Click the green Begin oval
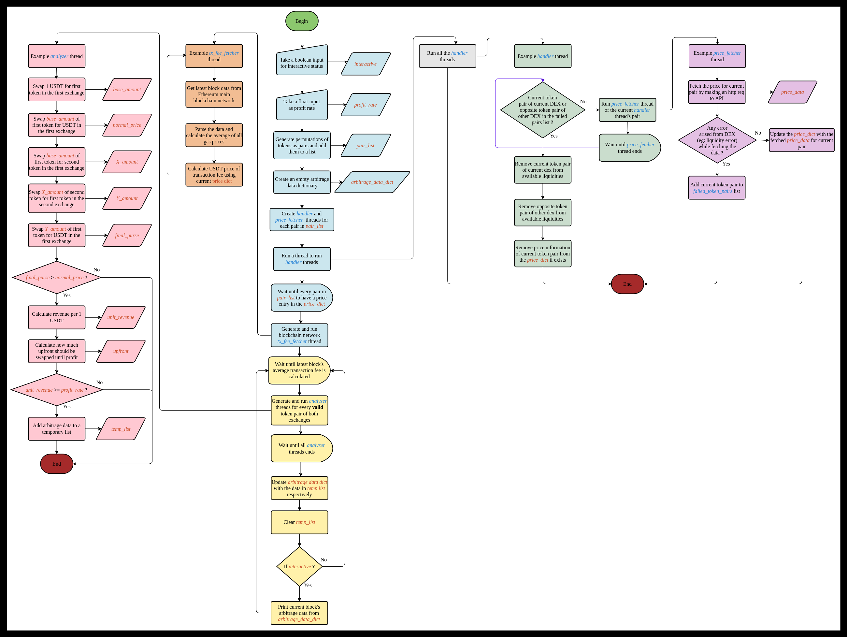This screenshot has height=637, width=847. pyautogui.click(x=302, y=21)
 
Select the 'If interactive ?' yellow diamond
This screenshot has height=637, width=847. pyautogui.click(x=299, y=566)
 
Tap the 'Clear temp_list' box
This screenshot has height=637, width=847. pyautogui.click(x=299, y=522)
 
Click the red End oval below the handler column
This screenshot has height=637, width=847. pyautogui.click(x=627, y=284)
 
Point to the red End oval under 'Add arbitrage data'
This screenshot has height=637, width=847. pyautogui.click(x=57, y=464)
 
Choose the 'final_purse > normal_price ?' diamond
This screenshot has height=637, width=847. pyautogui.click(x=57, y=277)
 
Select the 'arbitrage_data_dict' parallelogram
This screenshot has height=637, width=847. pyautogui.click(x=372, y=182)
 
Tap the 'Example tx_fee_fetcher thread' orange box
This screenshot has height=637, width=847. pyautogui.click(x=214, y=56)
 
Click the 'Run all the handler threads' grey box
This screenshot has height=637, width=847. pyautogui.click(x=447, y=56)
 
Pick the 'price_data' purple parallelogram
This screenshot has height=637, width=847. pyautogui.click(x=792, y=92)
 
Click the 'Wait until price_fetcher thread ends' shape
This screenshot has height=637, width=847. pyautogui.click(x=629, y=148)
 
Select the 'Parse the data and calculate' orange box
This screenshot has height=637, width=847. pyautogui.click(x=214, y=135)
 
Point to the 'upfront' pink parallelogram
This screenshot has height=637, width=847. pyautogui.click(x=121, y=351)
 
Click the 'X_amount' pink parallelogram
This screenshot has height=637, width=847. pyautogui.click(x=127, y=162)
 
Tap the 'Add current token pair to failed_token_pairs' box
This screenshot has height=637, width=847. pyautogui.click(x=716, y=188)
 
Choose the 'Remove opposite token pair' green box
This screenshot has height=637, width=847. pyautogui.click(x=543, y=212)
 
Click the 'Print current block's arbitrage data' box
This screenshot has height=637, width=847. pyautogui.click(x=299, y=613)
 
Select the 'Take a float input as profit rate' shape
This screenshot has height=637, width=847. pyautogui.click(x=302, y=105)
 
